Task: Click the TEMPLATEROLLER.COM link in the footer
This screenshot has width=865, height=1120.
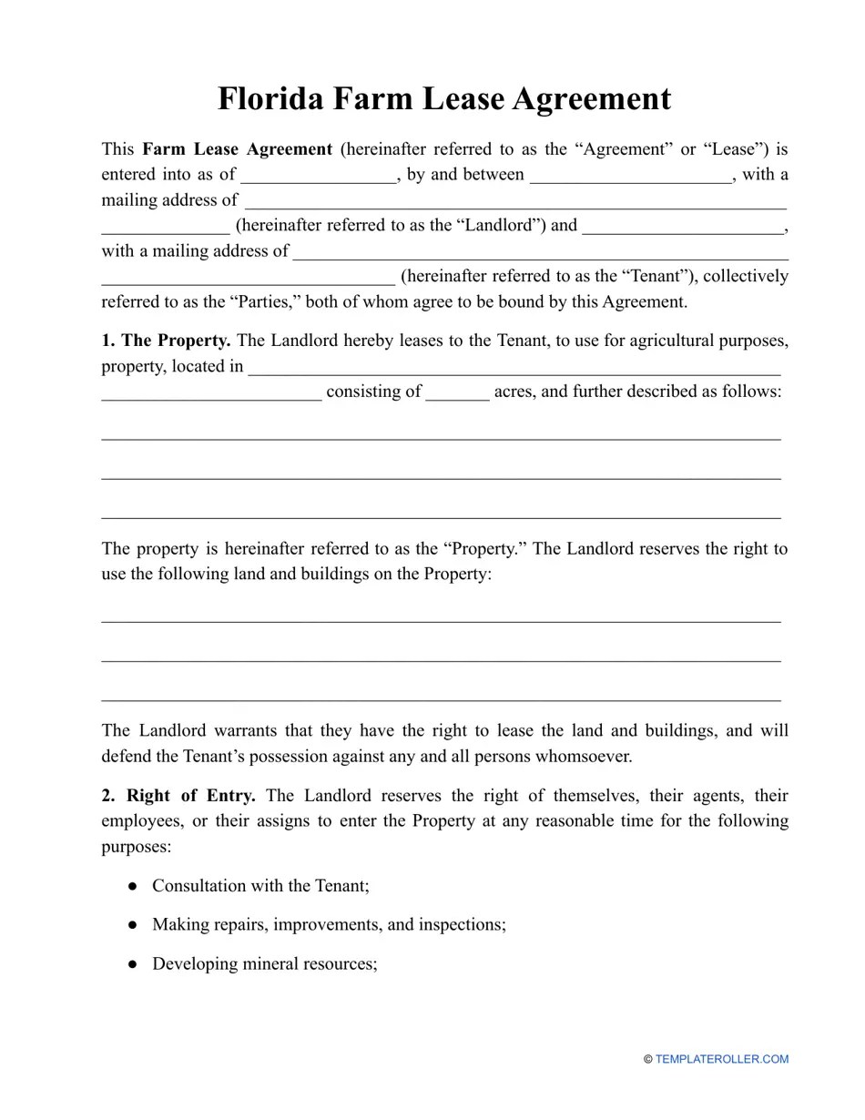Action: [721, 1059]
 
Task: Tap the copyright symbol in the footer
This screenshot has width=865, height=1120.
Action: [648, 1059]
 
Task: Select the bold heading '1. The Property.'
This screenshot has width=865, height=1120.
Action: [166, 341]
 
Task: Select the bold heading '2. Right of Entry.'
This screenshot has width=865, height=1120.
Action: [178, 796]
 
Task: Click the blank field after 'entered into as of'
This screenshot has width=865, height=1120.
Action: [319, 175]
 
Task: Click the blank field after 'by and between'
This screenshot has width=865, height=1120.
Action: [630, 175]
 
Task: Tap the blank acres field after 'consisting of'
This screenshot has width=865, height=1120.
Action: [457, 392]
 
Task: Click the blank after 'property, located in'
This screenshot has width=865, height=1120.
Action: [514, 367]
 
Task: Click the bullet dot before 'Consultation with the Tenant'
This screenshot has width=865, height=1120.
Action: [133, 886]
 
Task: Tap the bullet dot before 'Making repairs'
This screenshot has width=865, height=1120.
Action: [133, 925]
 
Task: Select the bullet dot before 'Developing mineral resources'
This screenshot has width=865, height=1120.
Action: [133, 964]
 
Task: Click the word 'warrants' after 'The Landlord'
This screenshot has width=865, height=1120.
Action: [247, 730]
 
